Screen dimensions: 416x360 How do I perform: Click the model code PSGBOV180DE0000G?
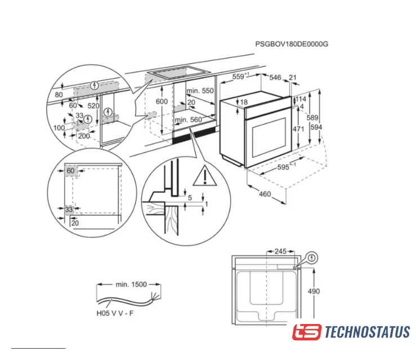292,44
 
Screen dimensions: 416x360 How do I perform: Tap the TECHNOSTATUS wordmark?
368,332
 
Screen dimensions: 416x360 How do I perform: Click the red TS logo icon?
307,332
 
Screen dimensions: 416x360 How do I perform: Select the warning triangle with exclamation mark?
204,175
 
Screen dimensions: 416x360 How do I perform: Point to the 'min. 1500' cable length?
131,285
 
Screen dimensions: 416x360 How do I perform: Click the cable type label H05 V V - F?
115,313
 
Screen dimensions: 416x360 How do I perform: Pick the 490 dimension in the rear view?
314,291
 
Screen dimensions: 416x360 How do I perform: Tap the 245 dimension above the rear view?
280,251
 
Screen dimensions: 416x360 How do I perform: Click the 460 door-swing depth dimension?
265,194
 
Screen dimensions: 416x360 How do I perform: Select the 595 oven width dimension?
283,167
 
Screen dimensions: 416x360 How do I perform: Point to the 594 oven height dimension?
316,127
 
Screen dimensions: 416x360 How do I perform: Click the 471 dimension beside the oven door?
298,129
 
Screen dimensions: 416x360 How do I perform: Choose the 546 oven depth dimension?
275,78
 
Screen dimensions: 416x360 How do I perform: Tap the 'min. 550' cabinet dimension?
200,91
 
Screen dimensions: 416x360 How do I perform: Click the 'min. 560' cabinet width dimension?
189,120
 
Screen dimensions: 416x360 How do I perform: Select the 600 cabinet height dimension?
162,101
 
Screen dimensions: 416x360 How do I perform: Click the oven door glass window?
269,137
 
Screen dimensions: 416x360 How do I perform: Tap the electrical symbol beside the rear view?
312,258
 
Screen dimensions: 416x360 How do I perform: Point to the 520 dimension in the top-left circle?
93,106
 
